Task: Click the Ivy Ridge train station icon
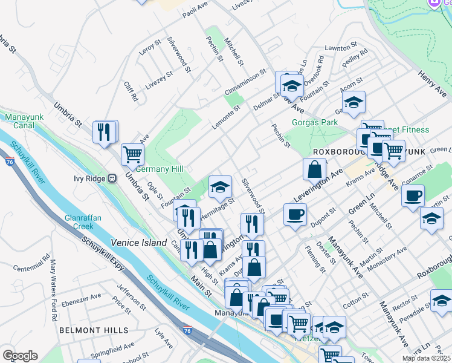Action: click(112, 178)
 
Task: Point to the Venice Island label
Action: click(138, 243)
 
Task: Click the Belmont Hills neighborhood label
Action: click(94, 330)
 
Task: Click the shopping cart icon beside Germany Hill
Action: click(132, 154)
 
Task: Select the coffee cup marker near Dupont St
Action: click(295, 214)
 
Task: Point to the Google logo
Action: click(20, 356)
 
